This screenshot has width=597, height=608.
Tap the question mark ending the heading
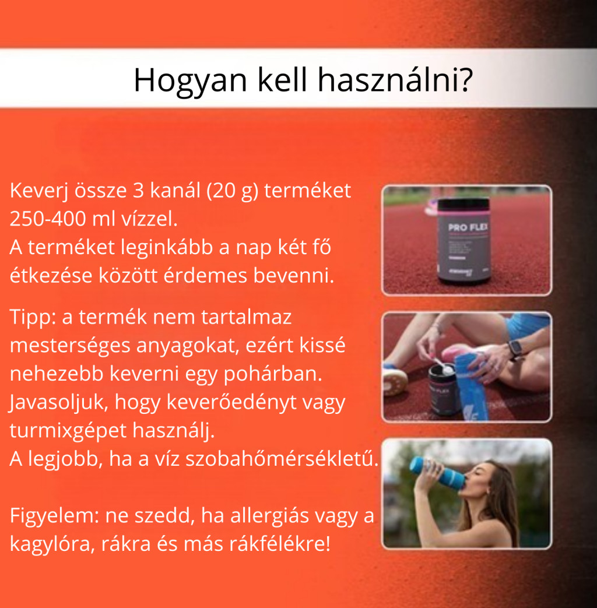465,79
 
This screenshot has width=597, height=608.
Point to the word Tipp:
33,318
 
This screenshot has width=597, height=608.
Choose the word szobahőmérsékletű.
282,459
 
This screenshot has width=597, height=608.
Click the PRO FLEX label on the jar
468,227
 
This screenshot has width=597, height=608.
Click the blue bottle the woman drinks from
438,472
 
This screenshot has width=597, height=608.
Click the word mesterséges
70,346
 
